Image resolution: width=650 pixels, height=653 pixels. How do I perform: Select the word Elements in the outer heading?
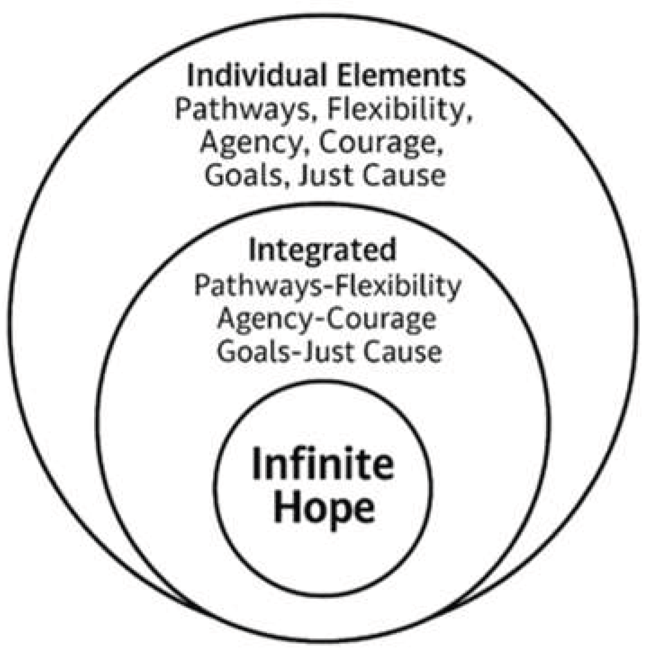[x=402, y=76]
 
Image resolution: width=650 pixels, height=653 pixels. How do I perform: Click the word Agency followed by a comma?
[x=256, y=143]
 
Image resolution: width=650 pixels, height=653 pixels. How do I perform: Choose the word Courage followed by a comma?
[x=379, y=143]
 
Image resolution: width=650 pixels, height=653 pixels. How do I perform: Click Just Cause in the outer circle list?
[x=372, y=176]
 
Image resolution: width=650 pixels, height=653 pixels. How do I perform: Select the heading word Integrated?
[x=322, y=250]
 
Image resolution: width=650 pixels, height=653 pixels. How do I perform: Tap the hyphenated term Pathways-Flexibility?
[x=327, y=285]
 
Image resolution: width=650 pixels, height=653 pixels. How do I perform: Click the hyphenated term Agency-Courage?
[x=326, y=319]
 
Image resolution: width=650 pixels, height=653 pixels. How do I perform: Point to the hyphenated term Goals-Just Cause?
[x=329, y=352]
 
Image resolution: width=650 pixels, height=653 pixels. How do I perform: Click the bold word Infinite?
[x=322, y=464]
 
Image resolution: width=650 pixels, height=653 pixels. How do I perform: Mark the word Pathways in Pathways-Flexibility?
[x=261, y=285]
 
